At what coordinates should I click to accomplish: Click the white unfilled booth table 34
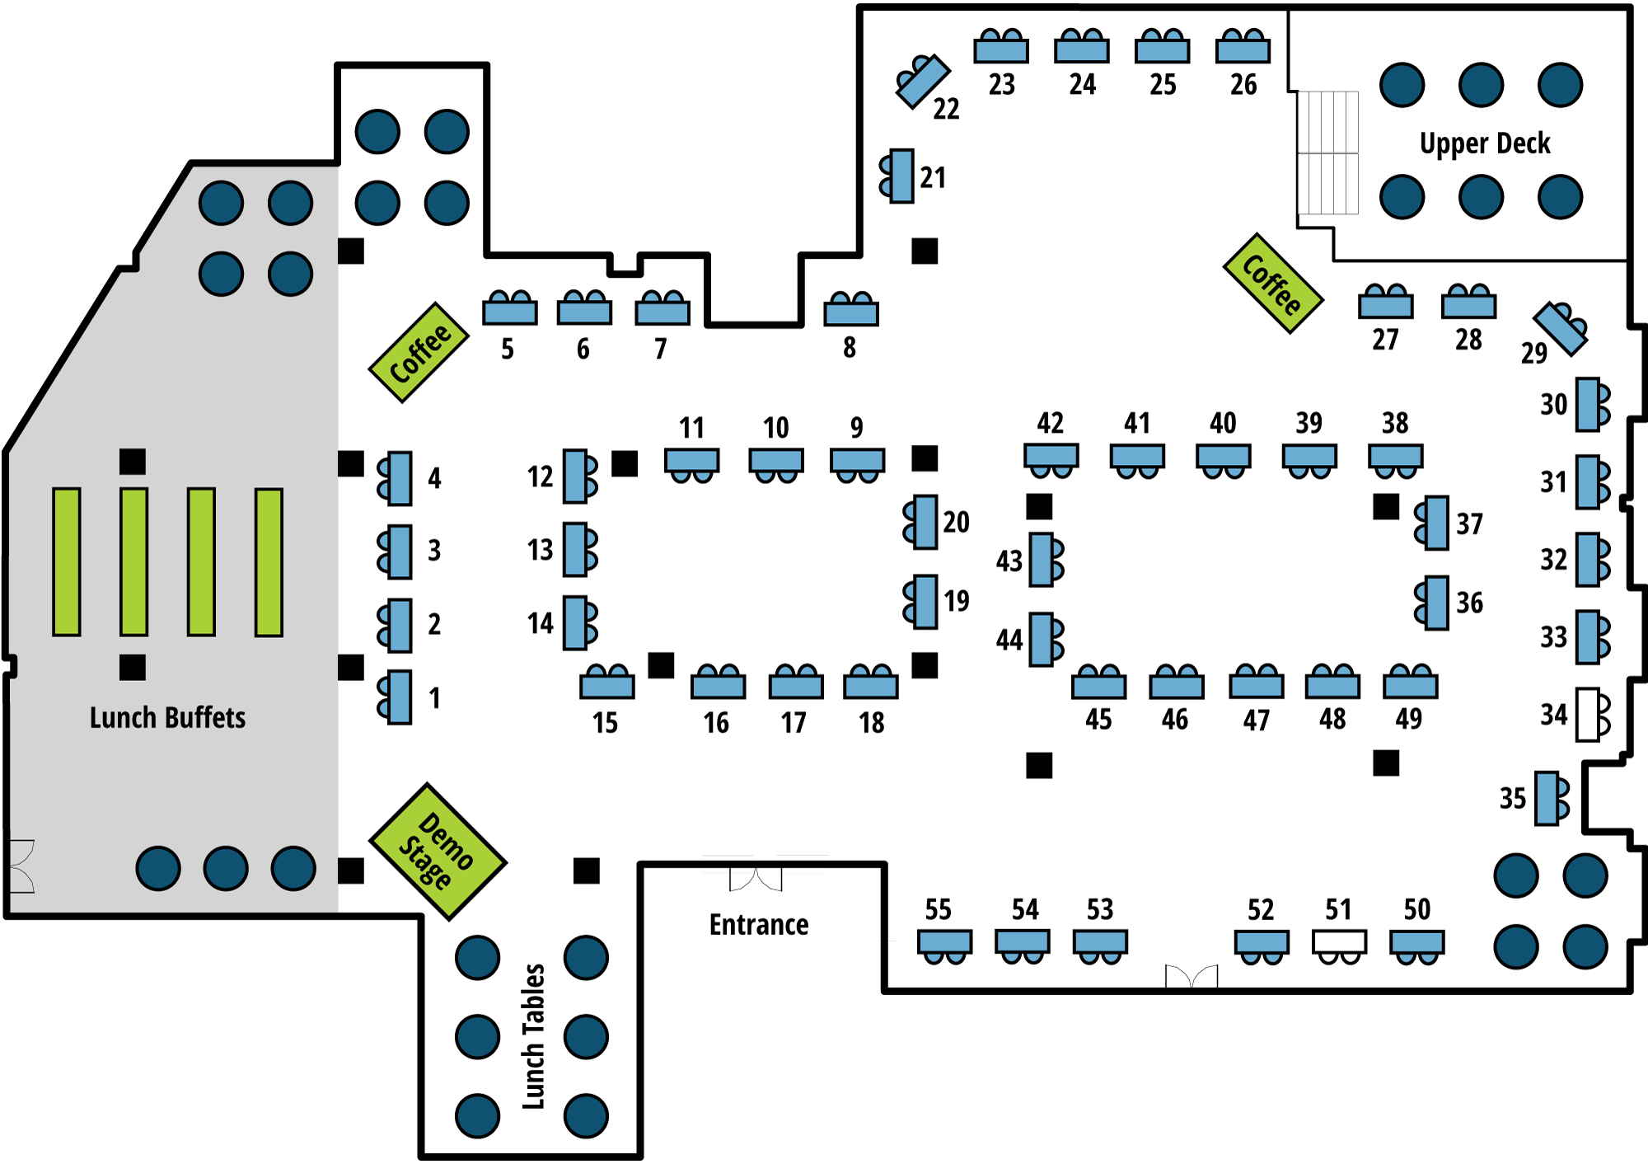point(1588,715)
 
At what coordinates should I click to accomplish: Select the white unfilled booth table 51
point(1339,941)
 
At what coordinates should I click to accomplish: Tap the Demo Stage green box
point(438,851)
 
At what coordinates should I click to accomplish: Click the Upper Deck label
point(1485,143)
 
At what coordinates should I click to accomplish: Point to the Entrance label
point(759,925)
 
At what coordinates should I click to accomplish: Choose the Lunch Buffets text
point(167,717)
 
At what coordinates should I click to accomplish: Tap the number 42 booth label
point(1050,423)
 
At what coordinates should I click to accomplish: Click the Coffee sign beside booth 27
point(1273,284)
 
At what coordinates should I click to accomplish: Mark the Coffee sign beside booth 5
point(419,353)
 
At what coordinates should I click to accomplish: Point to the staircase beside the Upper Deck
point(1327,153)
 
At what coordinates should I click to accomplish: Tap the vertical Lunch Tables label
point(533,1036)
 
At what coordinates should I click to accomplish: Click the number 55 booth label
point(938,909)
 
